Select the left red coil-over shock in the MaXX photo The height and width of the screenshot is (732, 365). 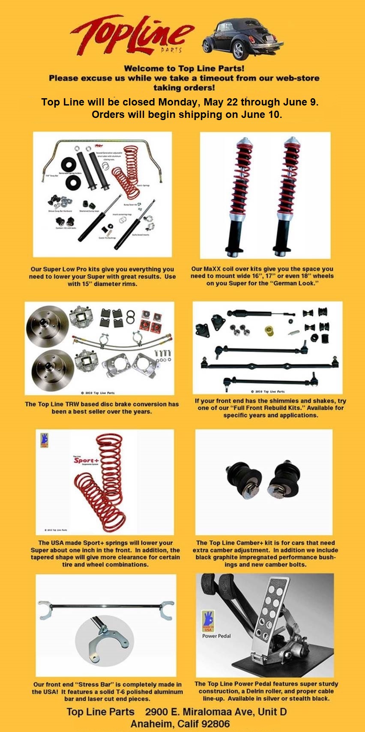point(238,195)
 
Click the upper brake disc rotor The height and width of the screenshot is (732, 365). point(47,326)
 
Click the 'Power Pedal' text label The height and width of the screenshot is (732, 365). point(216,636)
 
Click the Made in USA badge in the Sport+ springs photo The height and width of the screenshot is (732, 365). point(44,441)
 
